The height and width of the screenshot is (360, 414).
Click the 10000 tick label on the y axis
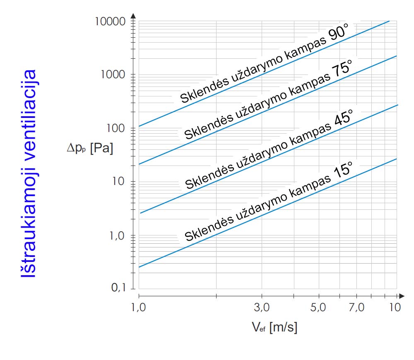[111, 21]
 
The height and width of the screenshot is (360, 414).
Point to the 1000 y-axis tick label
[114, 74]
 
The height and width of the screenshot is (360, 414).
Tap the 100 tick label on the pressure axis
[116, 128]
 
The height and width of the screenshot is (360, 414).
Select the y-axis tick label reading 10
[119, 182]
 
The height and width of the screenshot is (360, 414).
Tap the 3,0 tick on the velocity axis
[261, 307]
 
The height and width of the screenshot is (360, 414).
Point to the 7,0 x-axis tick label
[356, 307]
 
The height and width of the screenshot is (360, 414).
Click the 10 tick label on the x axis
[395, 307]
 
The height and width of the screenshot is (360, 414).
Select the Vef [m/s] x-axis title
[274, 328]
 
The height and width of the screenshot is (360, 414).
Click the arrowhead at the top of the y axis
[133, 16]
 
